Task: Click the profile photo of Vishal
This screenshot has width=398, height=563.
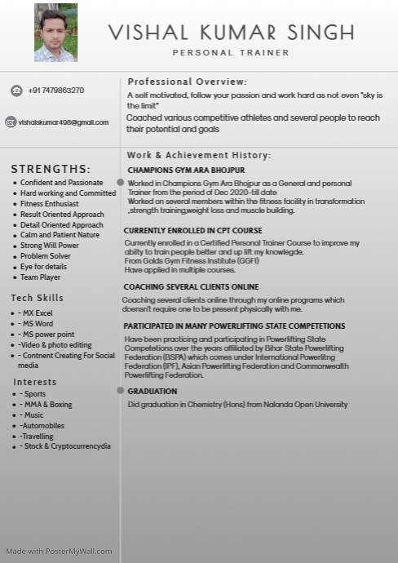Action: [55, 33]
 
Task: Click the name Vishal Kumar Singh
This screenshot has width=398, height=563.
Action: [232, 33]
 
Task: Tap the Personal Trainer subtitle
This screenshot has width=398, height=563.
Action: [231, 52]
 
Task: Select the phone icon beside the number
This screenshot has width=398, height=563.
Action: [16, 91]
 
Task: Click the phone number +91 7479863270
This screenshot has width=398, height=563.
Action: [55, 91]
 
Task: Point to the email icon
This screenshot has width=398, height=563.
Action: [11, 122]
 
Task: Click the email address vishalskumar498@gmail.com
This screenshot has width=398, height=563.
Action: [64, 122]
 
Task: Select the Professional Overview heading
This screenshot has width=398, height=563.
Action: [187, 82]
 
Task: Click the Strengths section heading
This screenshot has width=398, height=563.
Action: [51, 169]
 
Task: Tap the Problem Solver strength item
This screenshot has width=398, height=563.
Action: [46, 256]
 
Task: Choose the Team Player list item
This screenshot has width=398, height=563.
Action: [41, 277]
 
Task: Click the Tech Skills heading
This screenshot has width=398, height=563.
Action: [37, 298]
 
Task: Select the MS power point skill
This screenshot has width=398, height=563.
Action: [48, 335]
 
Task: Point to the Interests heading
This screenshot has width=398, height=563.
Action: [35, 382]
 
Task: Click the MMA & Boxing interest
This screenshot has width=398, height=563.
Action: [48, 405]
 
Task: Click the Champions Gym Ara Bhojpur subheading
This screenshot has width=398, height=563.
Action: [186, 171]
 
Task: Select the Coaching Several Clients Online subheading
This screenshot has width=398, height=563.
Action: [191, 287]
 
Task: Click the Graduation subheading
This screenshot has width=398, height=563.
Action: [153, 392]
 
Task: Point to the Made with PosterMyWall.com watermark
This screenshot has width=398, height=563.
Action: [59, 551]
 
